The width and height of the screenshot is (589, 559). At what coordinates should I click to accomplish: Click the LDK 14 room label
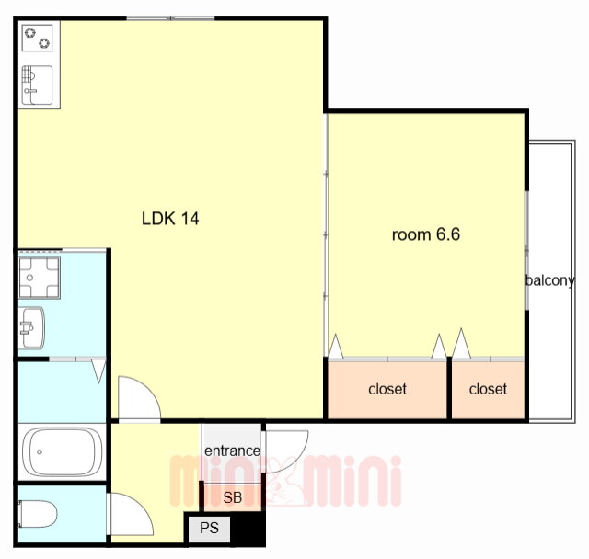(x=170, y=218)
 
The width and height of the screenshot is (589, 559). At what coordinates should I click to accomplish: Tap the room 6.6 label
(x=425, y=234)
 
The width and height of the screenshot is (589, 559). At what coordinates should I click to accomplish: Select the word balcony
(x=550, y=280)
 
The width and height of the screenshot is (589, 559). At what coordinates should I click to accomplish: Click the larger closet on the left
(x=387, y=389)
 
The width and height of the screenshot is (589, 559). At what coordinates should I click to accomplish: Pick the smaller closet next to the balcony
(x=488, y=389)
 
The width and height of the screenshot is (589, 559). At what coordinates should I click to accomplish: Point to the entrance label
(x=232, y=451)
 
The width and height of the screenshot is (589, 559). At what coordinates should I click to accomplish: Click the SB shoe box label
(x=233, y=497)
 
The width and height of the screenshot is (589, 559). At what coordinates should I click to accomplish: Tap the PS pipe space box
(x=209, y=529)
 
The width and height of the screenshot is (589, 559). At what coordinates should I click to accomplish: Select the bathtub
(x=62, y=452)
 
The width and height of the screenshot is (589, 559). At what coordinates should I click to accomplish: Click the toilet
(x=38, y=514)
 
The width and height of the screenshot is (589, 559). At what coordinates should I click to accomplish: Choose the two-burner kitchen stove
(x=37, y=38)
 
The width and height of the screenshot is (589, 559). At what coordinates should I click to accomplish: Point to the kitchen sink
(x=37, y=86)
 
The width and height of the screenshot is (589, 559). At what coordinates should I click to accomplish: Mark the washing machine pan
(x=40, y=278)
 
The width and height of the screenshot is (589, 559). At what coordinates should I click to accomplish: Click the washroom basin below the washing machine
(x=33, y=328)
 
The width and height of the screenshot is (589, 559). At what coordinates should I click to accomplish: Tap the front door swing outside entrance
(x=286, y=451)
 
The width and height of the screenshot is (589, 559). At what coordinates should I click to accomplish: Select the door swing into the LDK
(x=139, y=397)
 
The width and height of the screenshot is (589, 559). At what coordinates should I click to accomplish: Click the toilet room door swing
(x=132, y=514)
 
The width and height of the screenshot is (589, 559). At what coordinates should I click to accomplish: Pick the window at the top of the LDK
(x=170, y=18)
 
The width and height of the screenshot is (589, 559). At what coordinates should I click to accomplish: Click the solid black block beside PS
(x=248, y=529)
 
